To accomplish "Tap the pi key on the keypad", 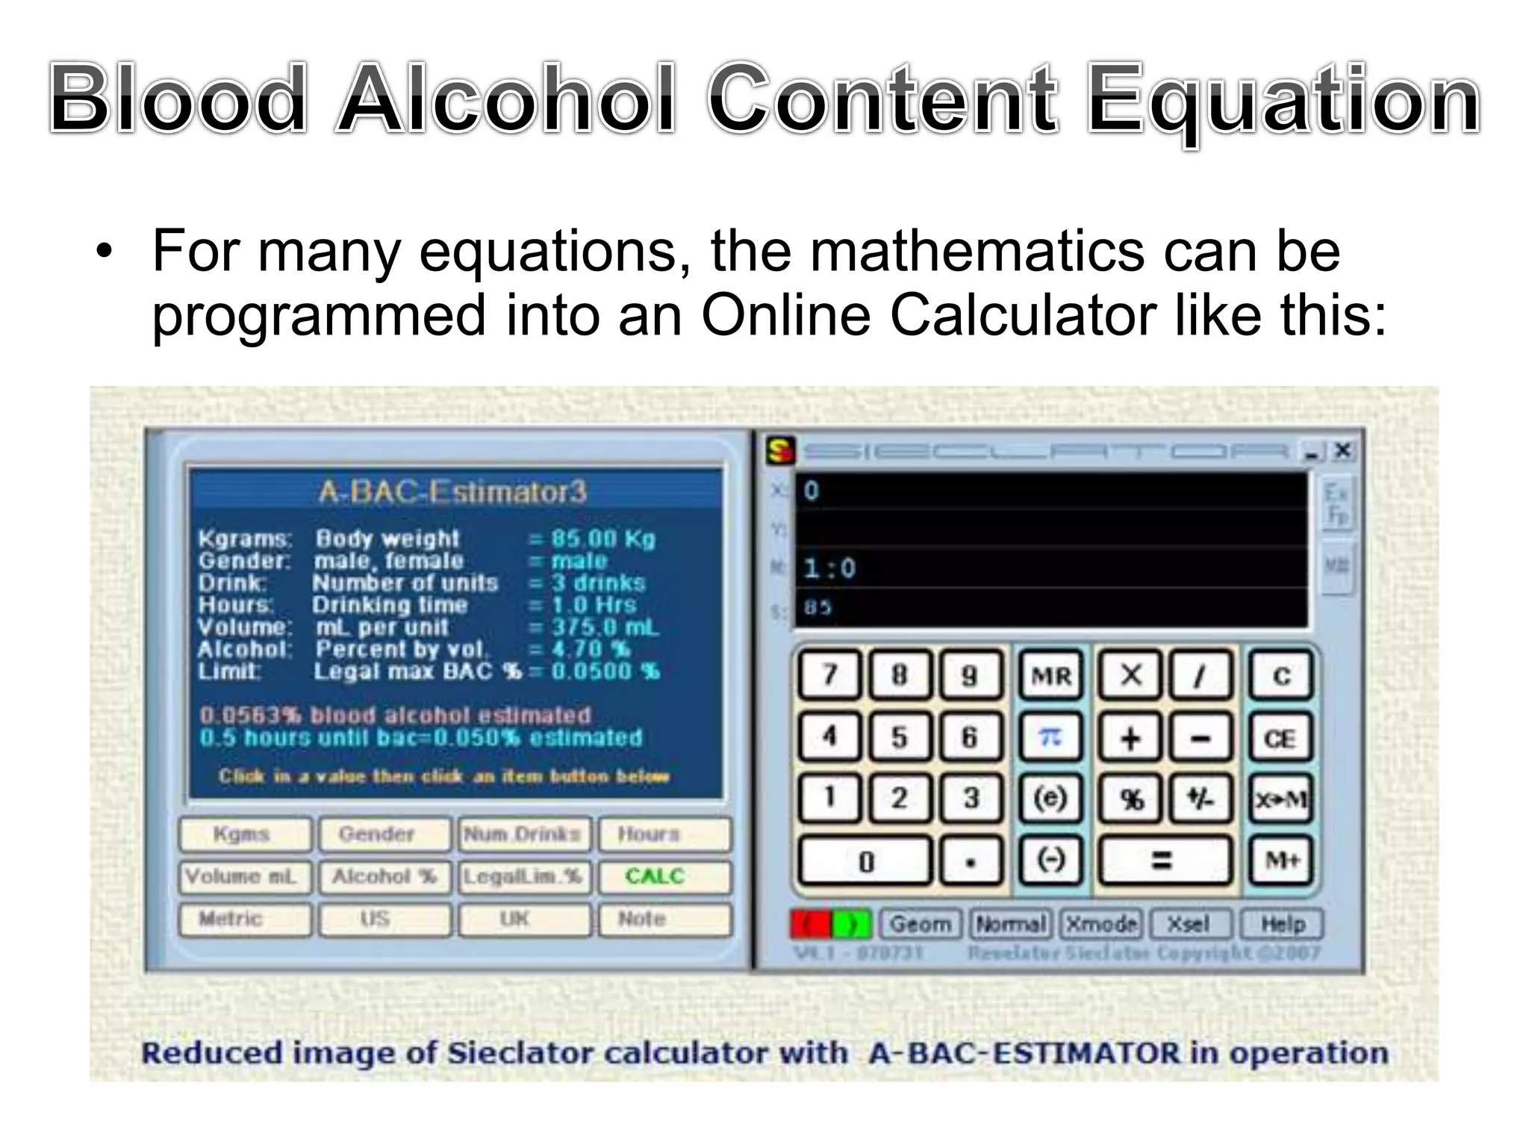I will pyautogui.click(x=1050, y=738).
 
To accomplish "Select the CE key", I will pyautogui.click(x=1280, y=738).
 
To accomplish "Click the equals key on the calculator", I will pyautogui.click(x=1163, y=861).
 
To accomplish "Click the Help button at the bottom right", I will pyautogui.click(x=1281, y=924).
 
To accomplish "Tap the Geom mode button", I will pyautogui.click(x=920, y=924).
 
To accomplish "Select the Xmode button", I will pyautogui.click(x=1101, y=924).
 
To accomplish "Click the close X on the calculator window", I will pyautogui.click(x=1342, y=450).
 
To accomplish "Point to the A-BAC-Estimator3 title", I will pyautogui.click(x=453, y=492).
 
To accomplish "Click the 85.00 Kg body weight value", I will pyautogui.click(x=602, y=538).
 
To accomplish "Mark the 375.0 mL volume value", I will pyautogui.click(x=605, y=627).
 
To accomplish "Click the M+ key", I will pyautogui.click(x=1281, y=861).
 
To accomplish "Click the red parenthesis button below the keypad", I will pyautogui.click(x=810, y=924).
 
